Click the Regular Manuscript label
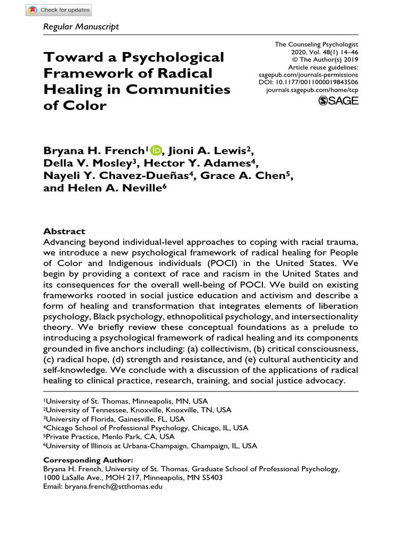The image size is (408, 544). (x=81, y=27)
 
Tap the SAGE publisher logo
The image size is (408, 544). (x=338, y=101)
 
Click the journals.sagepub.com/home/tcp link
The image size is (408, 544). (x=312, y=91)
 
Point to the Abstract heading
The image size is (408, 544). (x=64, y=231)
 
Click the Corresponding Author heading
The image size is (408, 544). (x=88, y=460)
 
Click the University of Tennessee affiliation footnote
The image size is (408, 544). (x=137, y=410)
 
